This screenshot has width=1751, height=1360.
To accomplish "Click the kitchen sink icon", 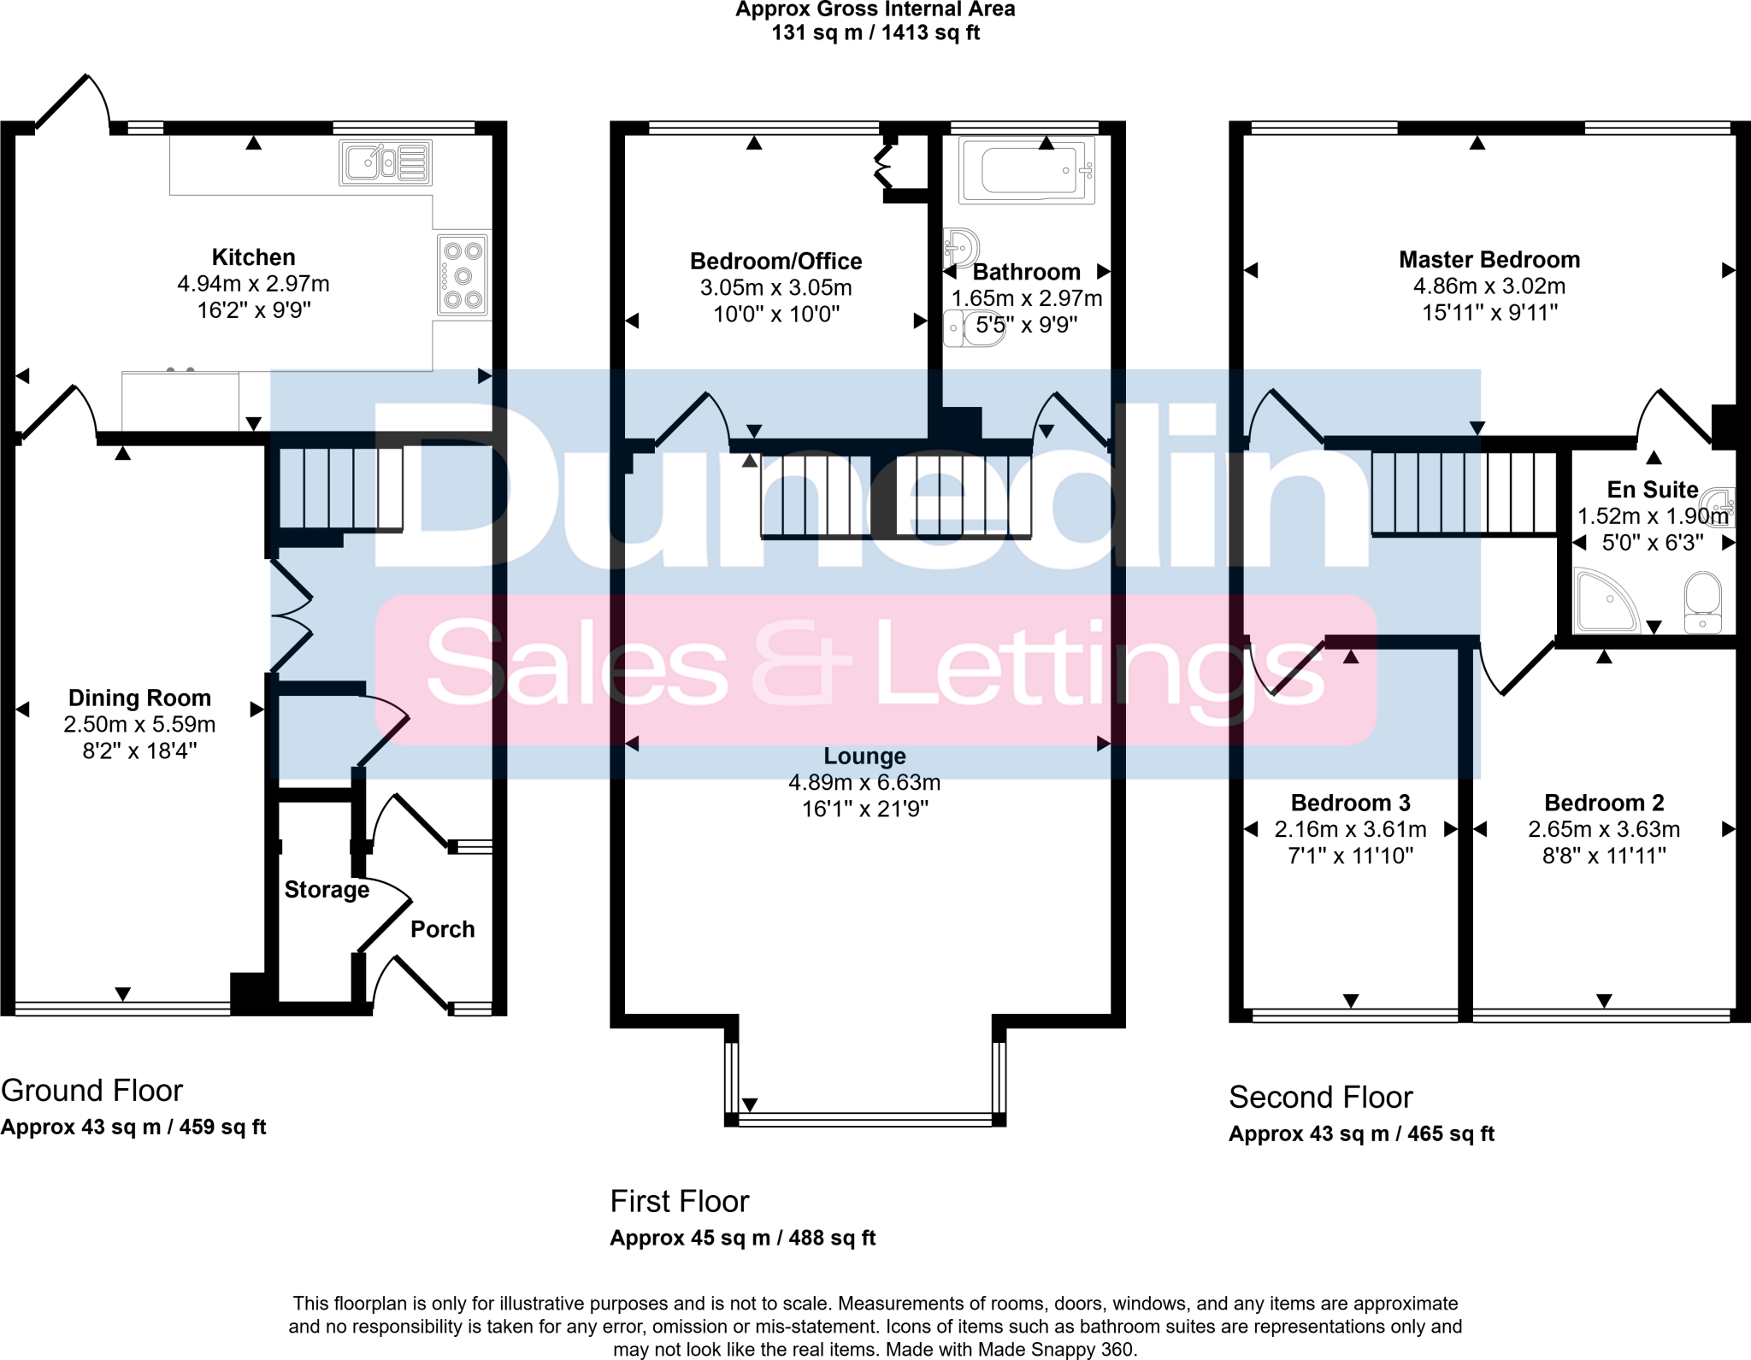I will (x=386, y=162).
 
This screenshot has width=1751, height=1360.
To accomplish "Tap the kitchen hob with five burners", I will (x=463, y=275).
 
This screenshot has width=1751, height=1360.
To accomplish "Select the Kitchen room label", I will (x=253, y=257).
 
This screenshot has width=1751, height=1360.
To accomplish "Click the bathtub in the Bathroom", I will (x=1027, y=170).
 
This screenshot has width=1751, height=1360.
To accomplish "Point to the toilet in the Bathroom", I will (x=975, y=328).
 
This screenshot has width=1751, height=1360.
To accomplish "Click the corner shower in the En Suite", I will (x=1605, y=601).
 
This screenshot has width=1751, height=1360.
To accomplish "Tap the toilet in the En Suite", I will (x=1702, y=602).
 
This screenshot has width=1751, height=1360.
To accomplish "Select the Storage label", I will (x=327, y=890).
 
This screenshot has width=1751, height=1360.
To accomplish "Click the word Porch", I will (x=442, y=929).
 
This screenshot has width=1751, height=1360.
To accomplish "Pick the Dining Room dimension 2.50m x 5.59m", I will (x=139, y=725).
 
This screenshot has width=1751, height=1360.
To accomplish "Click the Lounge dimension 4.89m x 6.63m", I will (x=864, y=782).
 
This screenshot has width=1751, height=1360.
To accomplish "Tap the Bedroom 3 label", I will (x=1350, y=803).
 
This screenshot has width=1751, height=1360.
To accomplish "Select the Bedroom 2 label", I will (x=1604, y=803).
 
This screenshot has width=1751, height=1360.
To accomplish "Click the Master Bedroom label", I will (x=1489, y=260).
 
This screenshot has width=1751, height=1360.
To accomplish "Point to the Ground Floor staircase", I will (x=341, y=489).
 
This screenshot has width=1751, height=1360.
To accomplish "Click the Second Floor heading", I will (x=1320, y=1097).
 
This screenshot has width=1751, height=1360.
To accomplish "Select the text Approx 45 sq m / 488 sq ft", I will (x=742, y=1238).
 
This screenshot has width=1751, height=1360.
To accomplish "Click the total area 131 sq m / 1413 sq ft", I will (x=875, y=33).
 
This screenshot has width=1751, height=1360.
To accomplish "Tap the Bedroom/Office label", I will (x=775, y=262).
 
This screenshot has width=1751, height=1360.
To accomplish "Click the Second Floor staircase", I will (x=1463, y=494).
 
